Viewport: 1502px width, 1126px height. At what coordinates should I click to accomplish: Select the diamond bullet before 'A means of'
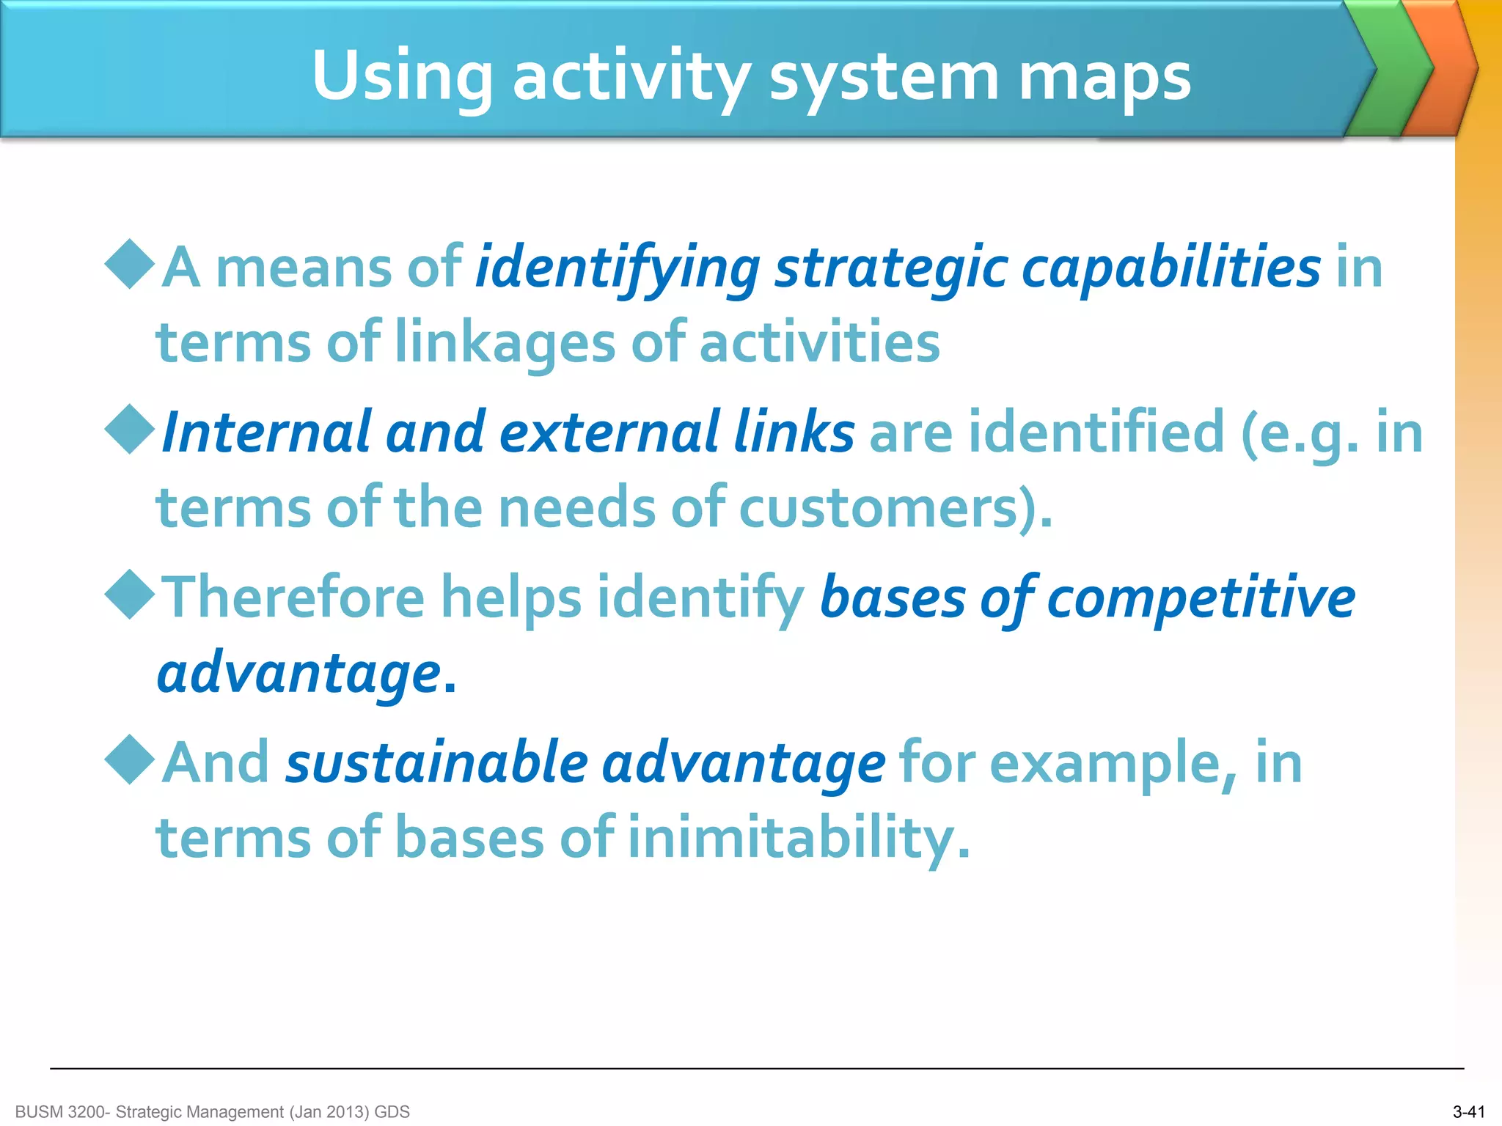pyautogui.click(x=130, y=264)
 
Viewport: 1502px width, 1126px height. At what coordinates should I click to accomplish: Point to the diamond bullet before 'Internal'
pyautogui.click(x=130, y=430)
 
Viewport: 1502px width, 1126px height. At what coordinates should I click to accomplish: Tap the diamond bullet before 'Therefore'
pyautogui.click(x=130, y=595)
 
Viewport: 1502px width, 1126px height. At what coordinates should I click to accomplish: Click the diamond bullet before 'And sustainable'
pyautogui.click(x=130, y=760)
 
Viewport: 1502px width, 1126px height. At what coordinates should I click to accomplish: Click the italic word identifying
pyautogui.click(x=618, y=268)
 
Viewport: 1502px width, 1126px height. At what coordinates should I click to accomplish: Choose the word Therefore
pyautogui.click(x=293, y=597)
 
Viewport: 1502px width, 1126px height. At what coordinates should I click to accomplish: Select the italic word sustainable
pyautogui.click(x=436, y=763)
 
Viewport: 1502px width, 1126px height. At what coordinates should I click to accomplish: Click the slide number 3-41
pyautogui.click(x=1468, y=1112)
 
